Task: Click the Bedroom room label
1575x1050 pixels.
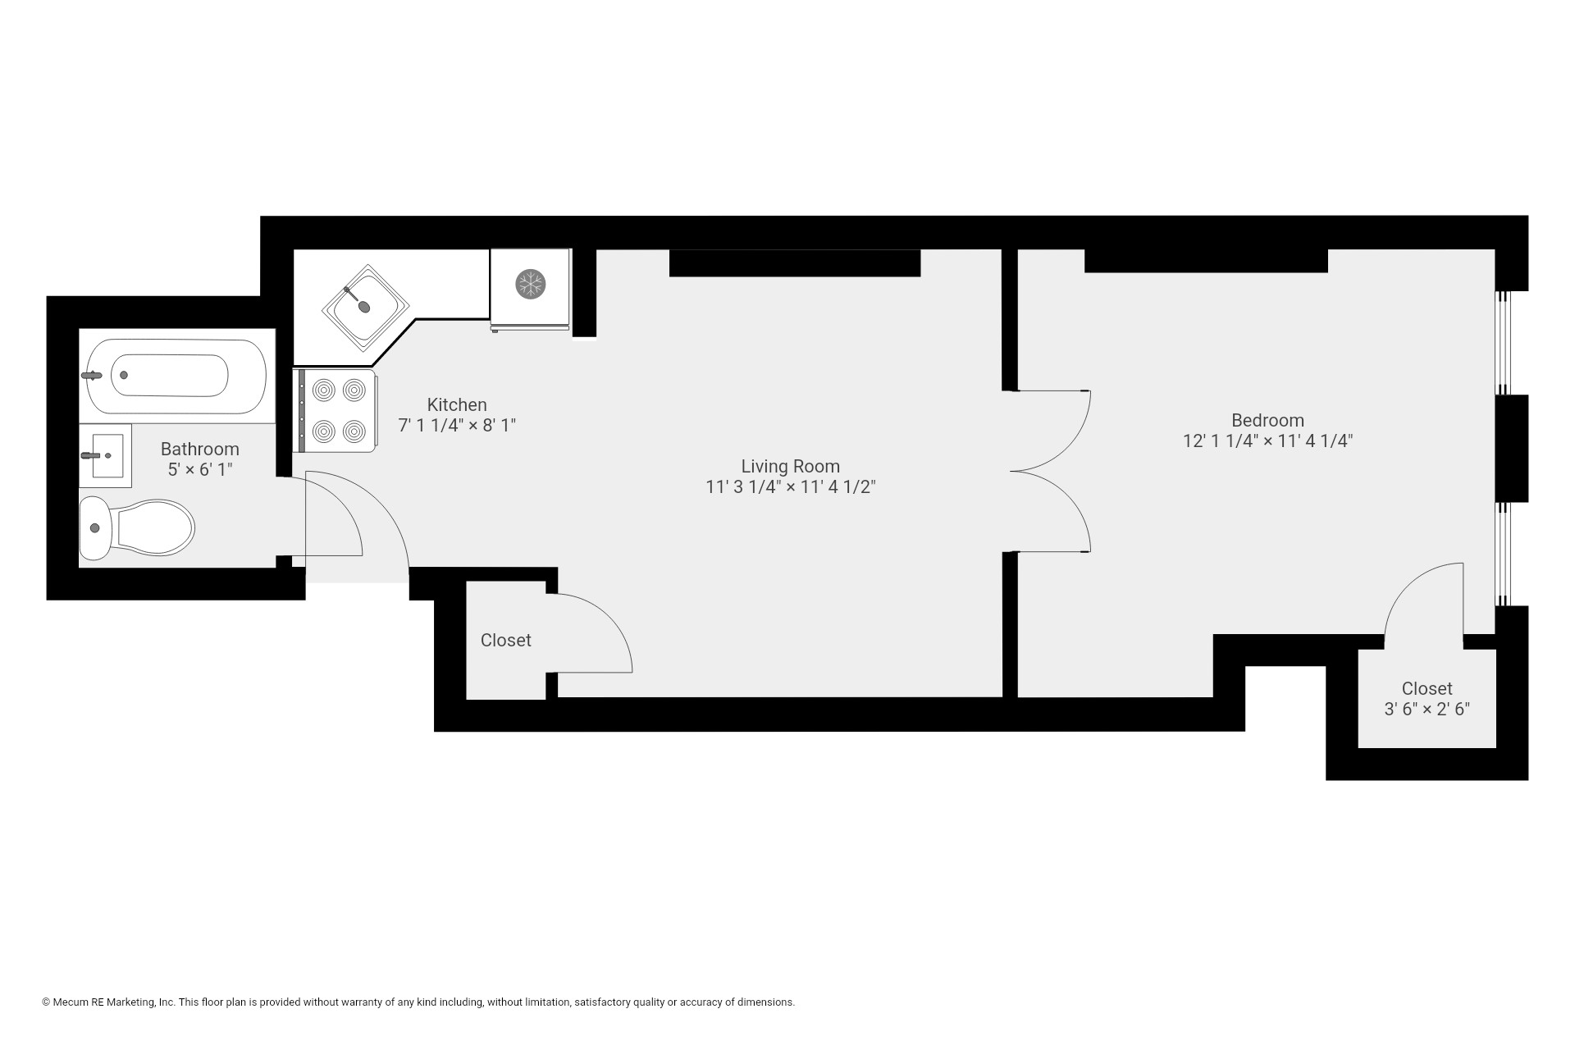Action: pyautogui.click(x=1267, y=420)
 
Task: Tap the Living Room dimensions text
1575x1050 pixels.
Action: pyautogui.click(x=790, y=487)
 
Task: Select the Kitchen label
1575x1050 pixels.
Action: pyautogui.click(x=457, y=405)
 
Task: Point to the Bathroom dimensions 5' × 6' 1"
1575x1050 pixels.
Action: pyautogui.click(x=200, y=470)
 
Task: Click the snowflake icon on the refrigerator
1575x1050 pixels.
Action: pyautogui.click(x=530, y=285)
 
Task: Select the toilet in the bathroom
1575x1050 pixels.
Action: pyautogui.click(x=139, y=527)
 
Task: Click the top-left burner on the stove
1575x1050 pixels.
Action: pyautogui.click(x=324, y=389)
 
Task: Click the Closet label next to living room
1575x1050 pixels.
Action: pyautogui.click(x=505, y=640)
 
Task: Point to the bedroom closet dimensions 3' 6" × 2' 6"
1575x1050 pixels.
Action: pyautogui.click(x=1427, y=710)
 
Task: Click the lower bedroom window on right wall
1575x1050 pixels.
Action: pyautogui.click(x=1503, y=554)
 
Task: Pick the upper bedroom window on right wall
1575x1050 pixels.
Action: pyautogui.click(x=1503, y=343)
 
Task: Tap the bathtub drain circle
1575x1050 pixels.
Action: pyautogui.click(x=124, y=375)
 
